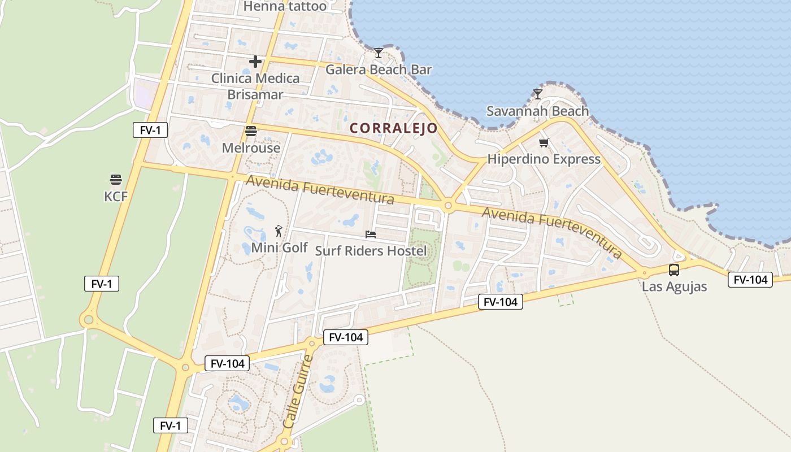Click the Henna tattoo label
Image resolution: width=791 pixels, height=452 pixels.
[x=285, y=7]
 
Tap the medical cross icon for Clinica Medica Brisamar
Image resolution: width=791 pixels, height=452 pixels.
[x=255, y=62]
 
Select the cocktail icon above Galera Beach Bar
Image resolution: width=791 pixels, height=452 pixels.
[x=379, y=53]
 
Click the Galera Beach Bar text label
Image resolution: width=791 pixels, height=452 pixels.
[x=379, y=70]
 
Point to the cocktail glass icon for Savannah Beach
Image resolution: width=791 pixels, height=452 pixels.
[x=538, y=94]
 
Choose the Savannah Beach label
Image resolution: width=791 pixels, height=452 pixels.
[x=537, y=111]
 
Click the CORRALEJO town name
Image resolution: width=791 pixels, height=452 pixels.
[x=394, y=128]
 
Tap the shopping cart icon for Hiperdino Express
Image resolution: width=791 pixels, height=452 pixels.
[x=544, y=142]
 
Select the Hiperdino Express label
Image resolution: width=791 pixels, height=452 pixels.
[x=544, y=159]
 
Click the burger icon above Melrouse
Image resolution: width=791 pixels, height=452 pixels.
[x=251, y=131]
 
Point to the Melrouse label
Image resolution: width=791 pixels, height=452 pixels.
[x=251, y=148]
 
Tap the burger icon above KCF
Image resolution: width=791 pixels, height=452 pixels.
[x=116, y=180]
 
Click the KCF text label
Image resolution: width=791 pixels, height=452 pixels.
[x=116, y=197]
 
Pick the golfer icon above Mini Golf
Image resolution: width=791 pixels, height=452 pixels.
[x=279, y=231]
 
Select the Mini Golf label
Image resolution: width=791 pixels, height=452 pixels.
[x=279, y=247]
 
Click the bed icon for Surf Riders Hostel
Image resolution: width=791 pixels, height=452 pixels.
[x=371, y=234]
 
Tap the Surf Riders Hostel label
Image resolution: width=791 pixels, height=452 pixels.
[x=371, y=251]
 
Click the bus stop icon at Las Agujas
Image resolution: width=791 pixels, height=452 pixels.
[x=674, y=270]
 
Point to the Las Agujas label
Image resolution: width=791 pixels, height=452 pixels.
[x=674, y=286]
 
